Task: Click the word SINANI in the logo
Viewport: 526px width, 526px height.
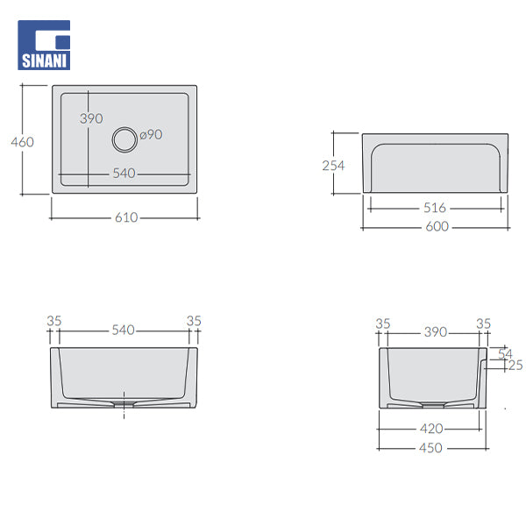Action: click(44, 62)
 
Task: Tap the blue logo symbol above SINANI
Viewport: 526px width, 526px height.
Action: click(44, 38)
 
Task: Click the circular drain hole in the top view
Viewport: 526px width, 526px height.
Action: click(125, 138)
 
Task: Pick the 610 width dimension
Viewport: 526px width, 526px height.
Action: click(125, 217)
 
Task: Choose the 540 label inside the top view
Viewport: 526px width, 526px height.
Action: click(124, 174)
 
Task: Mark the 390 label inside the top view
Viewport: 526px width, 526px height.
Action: click(91, 118)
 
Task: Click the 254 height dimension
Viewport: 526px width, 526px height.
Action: click(333, 165)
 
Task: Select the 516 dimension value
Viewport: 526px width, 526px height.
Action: click(435, 208)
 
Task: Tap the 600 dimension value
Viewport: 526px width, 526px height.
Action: click(437, 226)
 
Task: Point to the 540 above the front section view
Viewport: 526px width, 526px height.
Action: click(123, 330)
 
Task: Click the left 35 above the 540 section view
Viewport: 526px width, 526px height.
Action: click(54, 321)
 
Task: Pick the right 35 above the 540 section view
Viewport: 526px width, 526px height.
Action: click(194, 321)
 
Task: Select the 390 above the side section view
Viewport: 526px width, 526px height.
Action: click(435, 331)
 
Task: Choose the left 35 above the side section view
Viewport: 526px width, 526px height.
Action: click(382, 323)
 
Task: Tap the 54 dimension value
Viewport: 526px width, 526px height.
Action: click(504, 353)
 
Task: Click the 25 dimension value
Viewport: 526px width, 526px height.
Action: click(515, 366)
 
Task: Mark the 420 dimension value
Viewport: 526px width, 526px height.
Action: click(430, 429)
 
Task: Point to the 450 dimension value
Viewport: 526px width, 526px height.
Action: click(430, 447)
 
